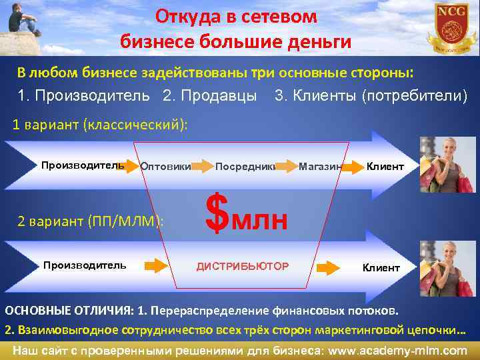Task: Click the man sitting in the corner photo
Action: [24, 19]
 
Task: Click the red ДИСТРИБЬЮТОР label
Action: [243, 267]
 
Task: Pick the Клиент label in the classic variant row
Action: [385, 166]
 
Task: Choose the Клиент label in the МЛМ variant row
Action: [381, 267]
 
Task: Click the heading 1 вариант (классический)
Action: [101, 125]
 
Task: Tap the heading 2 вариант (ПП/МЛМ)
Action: [89, 221]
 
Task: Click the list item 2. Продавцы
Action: [209, 96]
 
